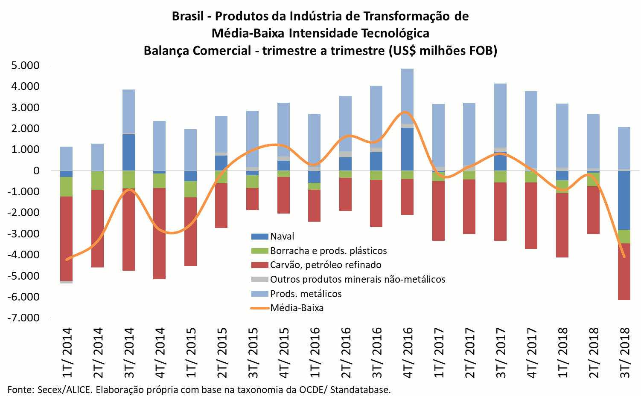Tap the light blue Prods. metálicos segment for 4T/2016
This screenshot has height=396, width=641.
tap(407, 96)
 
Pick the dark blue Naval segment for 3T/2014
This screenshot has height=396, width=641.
tap(128, 152)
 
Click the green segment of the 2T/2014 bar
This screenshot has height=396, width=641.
tap(97, 180)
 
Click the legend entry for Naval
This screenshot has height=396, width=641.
tap(282, 236)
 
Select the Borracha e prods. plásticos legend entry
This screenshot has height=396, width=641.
tap(328, 251)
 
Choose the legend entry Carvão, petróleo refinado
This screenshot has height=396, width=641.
tap(325, 265)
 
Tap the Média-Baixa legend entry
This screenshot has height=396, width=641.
tap(297, 308)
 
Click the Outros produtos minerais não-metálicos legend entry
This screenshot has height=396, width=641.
tap(357, 279)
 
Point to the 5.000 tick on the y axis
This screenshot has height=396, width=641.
tap(25, 66)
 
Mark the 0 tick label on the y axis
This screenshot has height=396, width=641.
tap(36, 171)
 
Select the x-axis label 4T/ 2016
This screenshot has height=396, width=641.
tap(408, 352)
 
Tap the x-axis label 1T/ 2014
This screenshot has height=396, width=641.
tap(67, 352)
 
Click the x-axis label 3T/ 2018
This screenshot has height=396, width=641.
tap(625, 352)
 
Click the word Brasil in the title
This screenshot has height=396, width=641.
tap(188, 16)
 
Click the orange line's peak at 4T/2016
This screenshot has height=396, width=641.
tap(405, 112)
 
